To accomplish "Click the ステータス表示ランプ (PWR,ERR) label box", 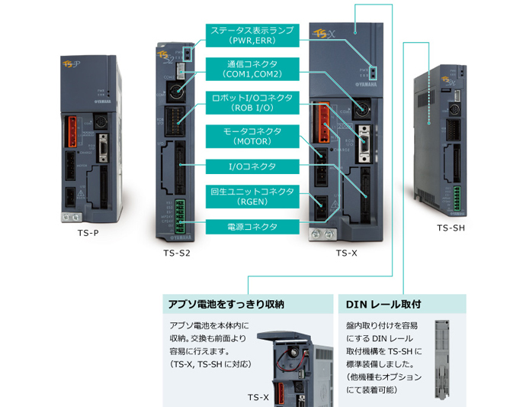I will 252,35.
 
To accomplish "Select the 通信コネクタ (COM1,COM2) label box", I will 252,69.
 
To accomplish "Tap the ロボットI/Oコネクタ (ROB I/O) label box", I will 252,102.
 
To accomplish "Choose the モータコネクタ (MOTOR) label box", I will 252,136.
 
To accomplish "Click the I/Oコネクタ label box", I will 252,166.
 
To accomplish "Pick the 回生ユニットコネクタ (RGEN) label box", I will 252,195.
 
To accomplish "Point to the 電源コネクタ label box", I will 252,227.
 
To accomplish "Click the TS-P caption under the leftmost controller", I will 88,232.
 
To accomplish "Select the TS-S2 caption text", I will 177,253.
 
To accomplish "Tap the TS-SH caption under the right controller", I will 451,228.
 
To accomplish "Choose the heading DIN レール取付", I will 384,304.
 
